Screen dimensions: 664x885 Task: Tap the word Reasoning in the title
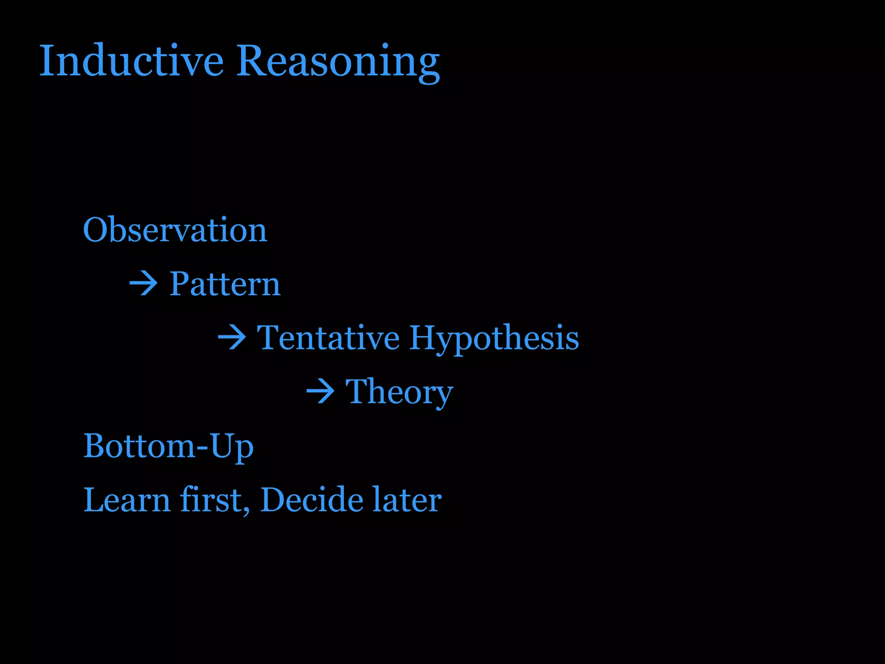[338, 61]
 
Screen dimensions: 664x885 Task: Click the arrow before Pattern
[143, 284]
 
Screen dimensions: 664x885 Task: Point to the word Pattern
[225, 284]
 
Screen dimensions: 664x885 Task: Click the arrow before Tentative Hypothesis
[232, 338]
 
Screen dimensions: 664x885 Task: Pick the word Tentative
[328, 338]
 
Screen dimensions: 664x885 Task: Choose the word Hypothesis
[494, 338]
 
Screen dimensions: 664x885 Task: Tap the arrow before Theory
[320, 392]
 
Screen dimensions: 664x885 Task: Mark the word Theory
[399, 392]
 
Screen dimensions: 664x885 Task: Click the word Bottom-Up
[168, 446]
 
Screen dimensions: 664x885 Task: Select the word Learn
[127, 500]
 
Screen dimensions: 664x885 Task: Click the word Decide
[312, 500]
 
